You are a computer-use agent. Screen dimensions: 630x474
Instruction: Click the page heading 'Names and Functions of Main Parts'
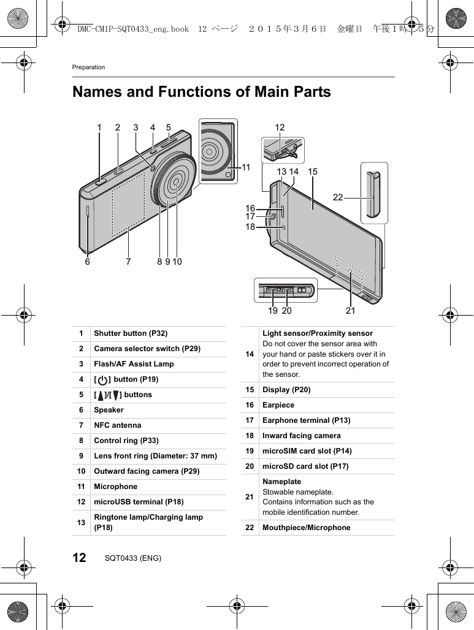click(x=202, y=92)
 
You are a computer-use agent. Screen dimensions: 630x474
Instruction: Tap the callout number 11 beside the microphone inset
click(x=246, y=167)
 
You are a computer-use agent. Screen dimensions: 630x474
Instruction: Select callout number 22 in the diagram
click(x=338, y=197)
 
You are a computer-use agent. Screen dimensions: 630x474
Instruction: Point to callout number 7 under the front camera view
click(x=128, y=262)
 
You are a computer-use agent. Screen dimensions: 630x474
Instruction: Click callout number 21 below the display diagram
click(x=350, y=311)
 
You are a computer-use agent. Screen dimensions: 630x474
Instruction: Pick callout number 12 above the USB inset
click(x=280, y=127)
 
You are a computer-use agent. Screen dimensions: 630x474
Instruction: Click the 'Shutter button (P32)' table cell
click(x=131, y=333)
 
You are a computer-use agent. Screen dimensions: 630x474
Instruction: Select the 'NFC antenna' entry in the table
click(x=117, y=425)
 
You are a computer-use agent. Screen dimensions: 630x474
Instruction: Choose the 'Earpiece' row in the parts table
click(x=278, y=405)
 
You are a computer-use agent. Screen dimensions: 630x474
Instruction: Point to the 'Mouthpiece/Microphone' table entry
click(x=307, y=528)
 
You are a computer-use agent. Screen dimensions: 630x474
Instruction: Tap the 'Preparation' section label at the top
click(x=88, y=67)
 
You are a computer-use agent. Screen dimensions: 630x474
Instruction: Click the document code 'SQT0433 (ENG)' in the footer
click(x=133, y=558)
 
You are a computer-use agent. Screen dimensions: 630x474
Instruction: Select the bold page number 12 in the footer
click(x=80, y=558)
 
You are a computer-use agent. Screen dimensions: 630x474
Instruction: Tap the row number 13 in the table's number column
click(x=81, y=522)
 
